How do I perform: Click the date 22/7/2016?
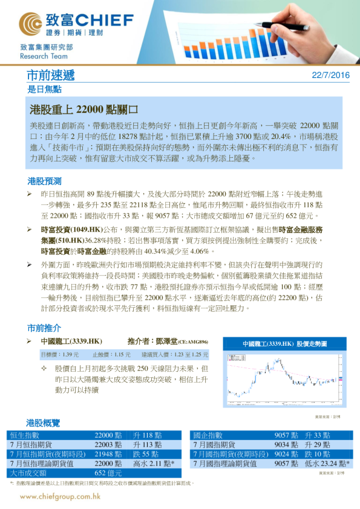(330, 76)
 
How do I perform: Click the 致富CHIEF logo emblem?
(30, 24)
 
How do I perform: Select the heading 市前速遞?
(51, 76)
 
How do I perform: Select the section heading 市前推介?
(44, 328)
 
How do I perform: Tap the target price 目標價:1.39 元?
(60, 355)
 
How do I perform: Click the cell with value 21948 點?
(108, 453)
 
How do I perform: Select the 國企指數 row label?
(208, 435)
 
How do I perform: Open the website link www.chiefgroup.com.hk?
(60, 496)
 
